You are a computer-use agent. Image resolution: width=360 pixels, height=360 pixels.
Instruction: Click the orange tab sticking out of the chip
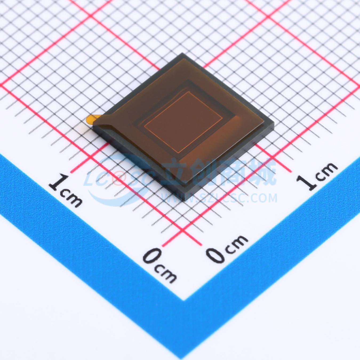point(91,119)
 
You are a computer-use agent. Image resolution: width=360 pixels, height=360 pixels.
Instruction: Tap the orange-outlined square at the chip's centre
point(184,122)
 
